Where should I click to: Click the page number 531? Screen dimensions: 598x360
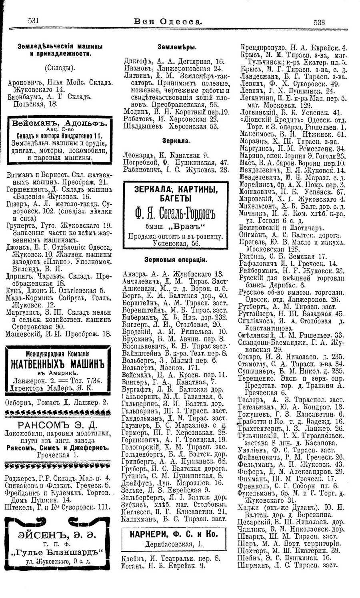[33, 22]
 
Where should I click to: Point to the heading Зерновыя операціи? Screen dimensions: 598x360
[176, 260]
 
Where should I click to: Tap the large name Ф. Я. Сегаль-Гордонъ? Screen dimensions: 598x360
[176, 214]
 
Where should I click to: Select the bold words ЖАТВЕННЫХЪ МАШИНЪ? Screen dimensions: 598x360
[57, 364]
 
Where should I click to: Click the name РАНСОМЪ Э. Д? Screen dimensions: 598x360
[57, 425]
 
